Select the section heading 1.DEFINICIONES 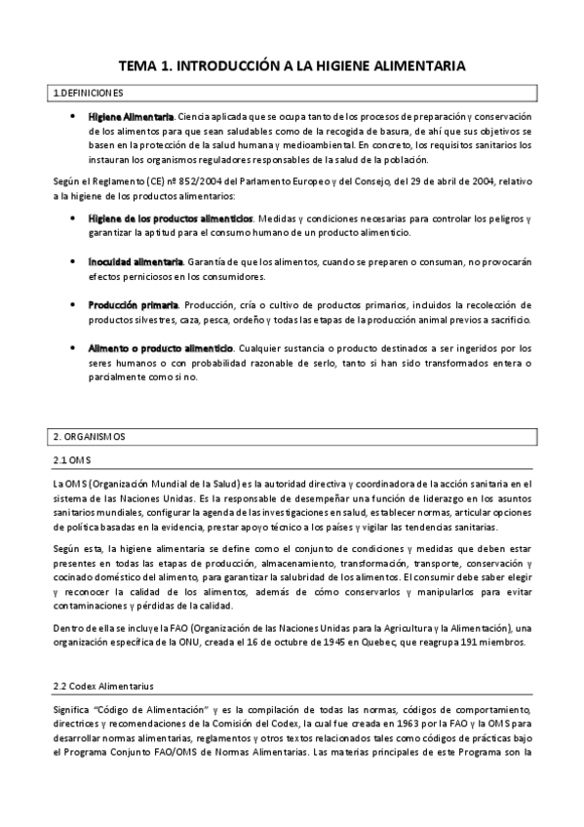[88, 94]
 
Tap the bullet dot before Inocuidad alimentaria [75, 262]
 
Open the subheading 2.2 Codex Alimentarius [102, 659]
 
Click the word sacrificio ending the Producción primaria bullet [508, 320]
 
